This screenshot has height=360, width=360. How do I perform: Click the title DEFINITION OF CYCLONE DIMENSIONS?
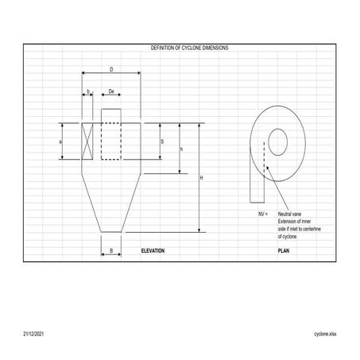tap(189, 48)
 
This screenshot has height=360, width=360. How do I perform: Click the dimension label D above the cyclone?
tap(111, 68)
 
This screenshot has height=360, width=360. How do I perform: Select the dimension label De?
tap(111, 92)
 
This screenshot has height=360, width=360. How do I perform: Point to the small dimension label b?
tap(88, 92)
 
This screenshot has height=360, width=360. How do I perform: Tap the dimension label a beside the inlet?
tap(61, 141)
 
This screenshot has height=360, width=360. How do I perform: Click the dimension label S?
tap(162, 141)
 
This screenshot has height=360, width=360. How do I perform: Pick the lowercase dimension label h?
tap(182, 149)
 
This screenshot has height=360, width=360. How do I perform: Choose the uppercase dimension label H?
tap(201, 178)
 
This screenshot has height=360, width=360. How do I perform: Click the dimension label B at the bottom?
tap(111, 250)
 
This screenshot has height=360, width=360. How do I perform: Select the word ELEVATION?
tap(152, 250)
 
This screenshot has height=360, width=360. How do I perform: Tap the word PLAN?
tap(284, 250)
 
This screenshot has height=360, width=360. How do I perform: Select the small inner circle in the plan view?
tap(277, 143)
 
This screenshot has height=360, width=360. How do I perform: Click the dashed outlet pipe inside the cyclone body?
tap(111, 139)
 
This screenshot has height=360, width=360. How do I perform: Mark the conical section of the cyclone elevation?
tap(111, 199)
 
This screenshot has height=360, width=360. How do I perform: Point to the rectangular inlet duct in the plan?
tap(256, 179)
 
